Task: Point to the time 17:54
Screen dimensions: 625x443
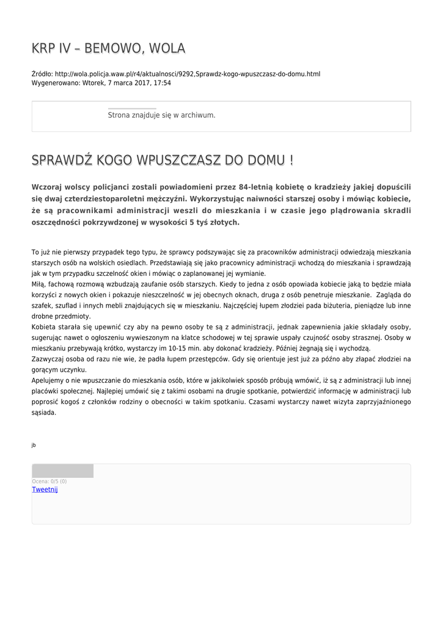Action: tap(163, 82)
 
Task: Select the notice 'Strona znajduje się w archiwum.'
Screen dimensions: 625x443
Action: tap(161, 115)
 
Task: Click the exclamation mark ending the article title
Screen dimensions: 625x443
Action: tap(291, 161)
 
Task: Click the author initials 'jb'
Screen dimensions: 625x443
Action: tap(34, 445)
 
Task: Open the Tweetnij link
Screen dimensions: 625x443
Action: tap(45, 490)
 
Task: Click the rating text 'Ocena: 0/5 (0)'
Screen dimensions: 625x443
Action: tap(49, 482)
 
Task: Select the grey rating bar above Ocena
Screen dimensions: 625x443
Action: tap(62, 471)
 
